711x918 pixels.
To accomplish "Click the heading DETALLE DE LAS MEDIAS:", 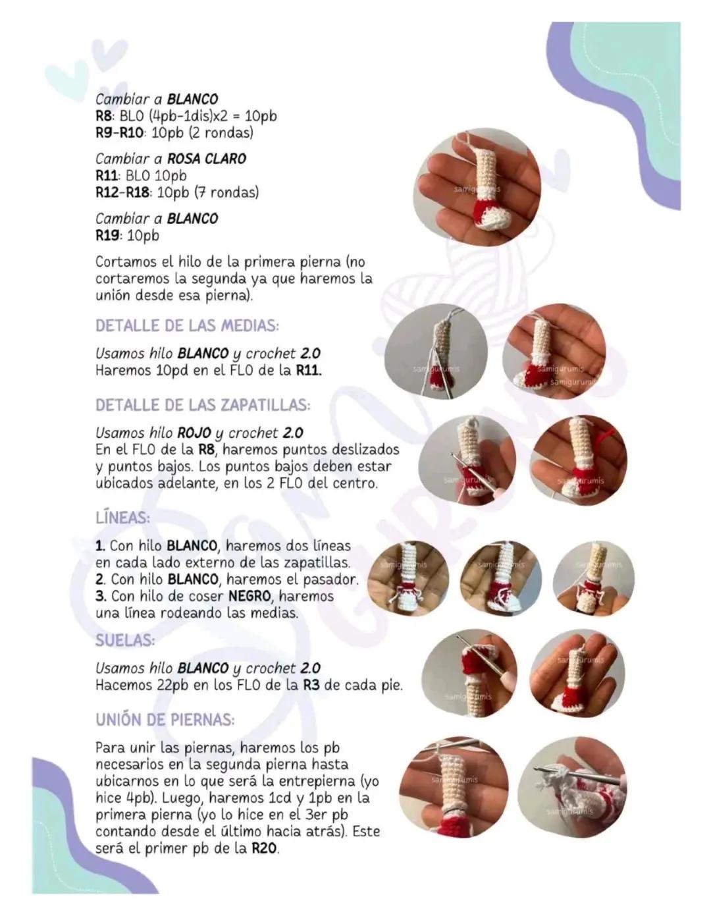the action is click(188, 326).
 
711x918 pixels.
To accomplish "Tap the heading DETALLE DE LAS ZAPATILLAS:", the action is click(203, 405).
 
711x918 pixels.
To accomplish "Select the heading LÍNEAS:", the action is click(123, 518).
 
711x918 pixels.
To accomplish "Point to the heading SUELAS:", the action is click(125, 641).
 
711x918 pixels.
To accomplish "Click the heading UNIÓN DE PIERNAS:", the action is click(165, 719).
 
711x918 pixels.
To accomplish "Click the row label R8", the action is click(104, 116).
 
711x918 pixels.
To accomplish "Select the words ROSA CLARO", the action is click(207, 159).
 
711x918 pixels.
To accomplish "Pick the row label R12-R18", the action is click(122, 193).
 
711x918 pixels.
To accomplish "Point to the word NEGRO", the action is click(250, 596).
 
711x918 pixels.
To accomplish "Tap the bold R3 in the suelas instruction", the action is click(312, 685).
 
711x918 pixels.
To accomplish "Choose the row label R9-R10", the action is click(120, 133).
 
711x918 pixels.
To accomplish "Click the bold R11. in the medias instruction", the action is click(309, 371).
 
